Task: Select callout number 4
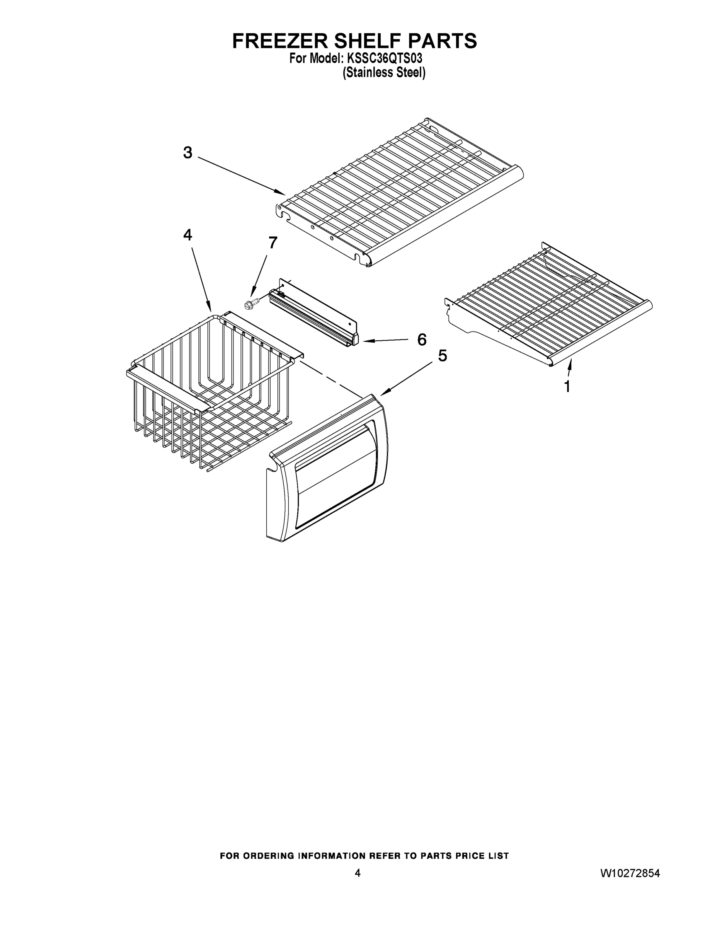click(x=188, y=235)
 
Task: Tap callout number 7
click(x=273, y=242)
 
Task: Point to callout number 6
click(x=422, y=339)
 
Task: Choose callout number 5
click(x=443, y=356)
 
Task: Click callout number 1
click(x=567, y=387)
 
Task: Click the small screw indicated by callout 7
click(x=250, y=304)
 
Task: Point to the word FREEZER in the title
click(x=280, y=41)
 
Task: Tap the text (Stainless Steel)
click(x=384, y=73)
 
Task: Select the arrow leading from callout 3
click(x=242, y=176)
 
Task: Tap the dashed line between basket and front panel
click(x=331, y=378)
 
